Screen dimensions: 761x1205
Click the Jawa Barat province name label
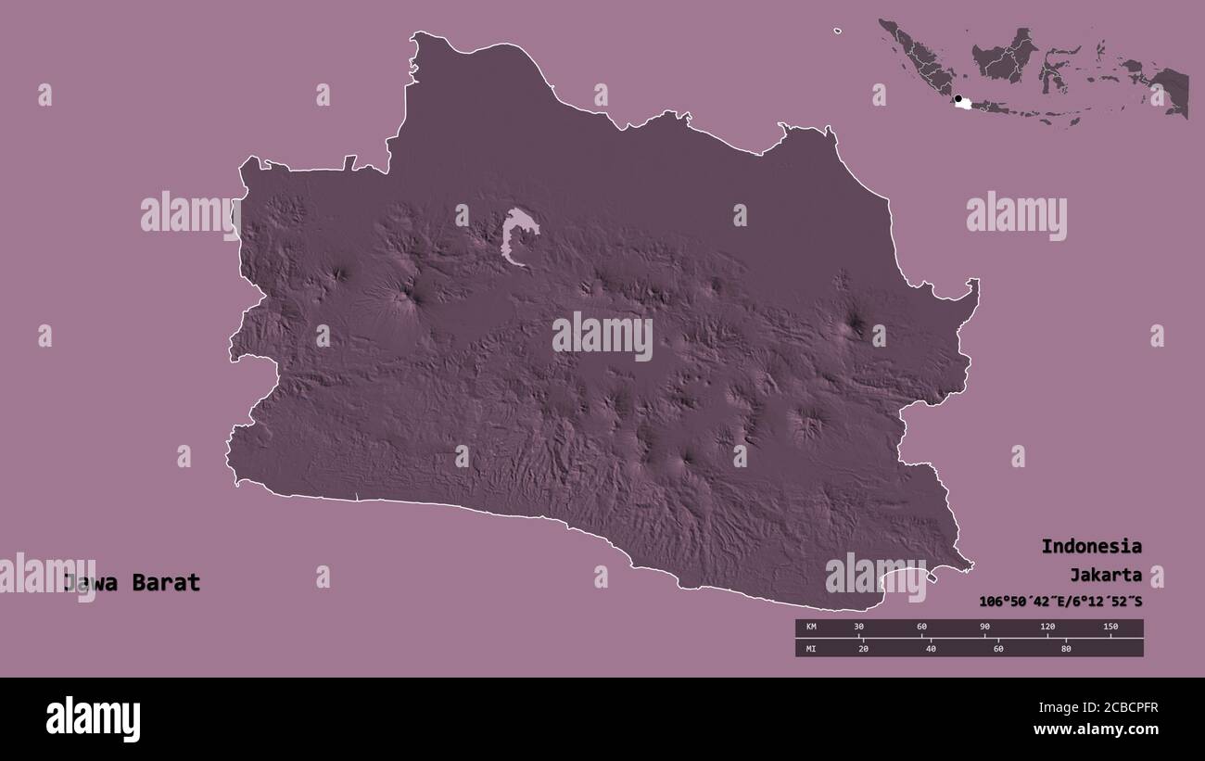[132, 583]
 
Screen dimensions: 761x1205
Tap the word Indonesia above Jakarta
[1091, 546]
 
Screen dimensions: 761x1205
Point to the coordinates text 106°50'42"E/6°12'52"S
[1060, 602]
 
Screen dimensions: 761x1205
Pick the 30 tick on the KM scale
[858, 628]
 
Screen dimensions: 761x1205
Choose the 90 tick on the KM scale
[984, 628]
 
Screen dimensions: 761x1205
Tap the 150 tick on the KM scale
[1110, 628]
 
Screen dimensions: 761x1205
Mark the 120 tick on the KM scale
[1047, 628]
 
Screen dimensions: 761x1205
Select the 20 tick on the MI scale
[864, 648]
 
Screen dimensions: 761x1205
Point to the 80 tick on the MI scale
[1066, 648]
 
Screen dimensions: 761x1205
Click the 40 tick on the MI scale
[931, 648]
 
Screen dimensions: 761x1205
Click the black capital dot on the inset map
[958, 97]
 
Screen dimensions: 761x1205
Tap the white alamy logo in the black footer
[94, 719]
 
